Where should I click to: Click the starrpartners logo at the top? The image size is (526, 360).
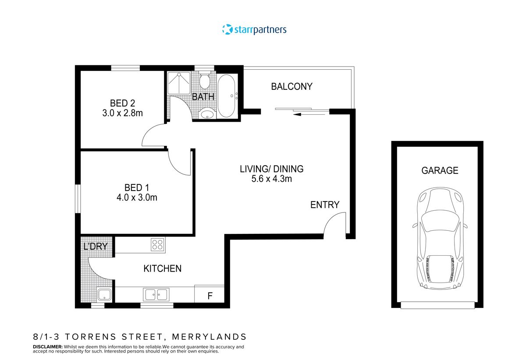[x=254, y=30]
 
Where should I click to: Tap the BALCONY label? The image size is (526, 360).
[x=291, y=86]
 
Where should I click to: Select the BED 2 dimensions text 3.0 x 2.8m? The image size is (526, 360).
[x=122, y=113]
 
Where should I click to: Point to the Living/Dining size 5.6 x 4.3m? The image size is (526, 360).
[x=271, y=179]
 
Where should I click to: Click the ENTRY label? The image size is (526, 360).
[x=325, y=205]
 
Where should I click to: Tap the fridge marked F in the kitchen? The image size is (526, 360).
[x=210, y=296]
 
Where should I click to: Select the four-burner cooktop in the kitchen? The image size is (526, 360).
[x=157, y=244]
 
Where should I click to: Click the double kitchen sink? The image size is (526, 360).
[x=156, y=294]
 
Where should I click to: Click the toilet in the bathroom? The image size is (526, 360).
[x=204, y=81]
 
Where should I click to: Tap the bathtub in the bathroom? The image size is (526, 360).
[x=227, y=95]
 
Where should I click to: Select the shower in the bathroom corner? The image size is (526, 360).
[x=179, y=82]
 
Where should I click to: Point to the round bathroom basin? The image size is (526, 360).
[x=206, y=115]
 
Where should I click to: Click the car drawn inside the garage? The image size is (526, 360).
[x=439, y=239]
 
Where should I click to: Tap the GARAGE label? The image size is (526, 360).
[x=440, y=171]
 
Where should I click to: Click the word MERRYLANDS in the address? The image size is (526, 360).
[x=209, y=337]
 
